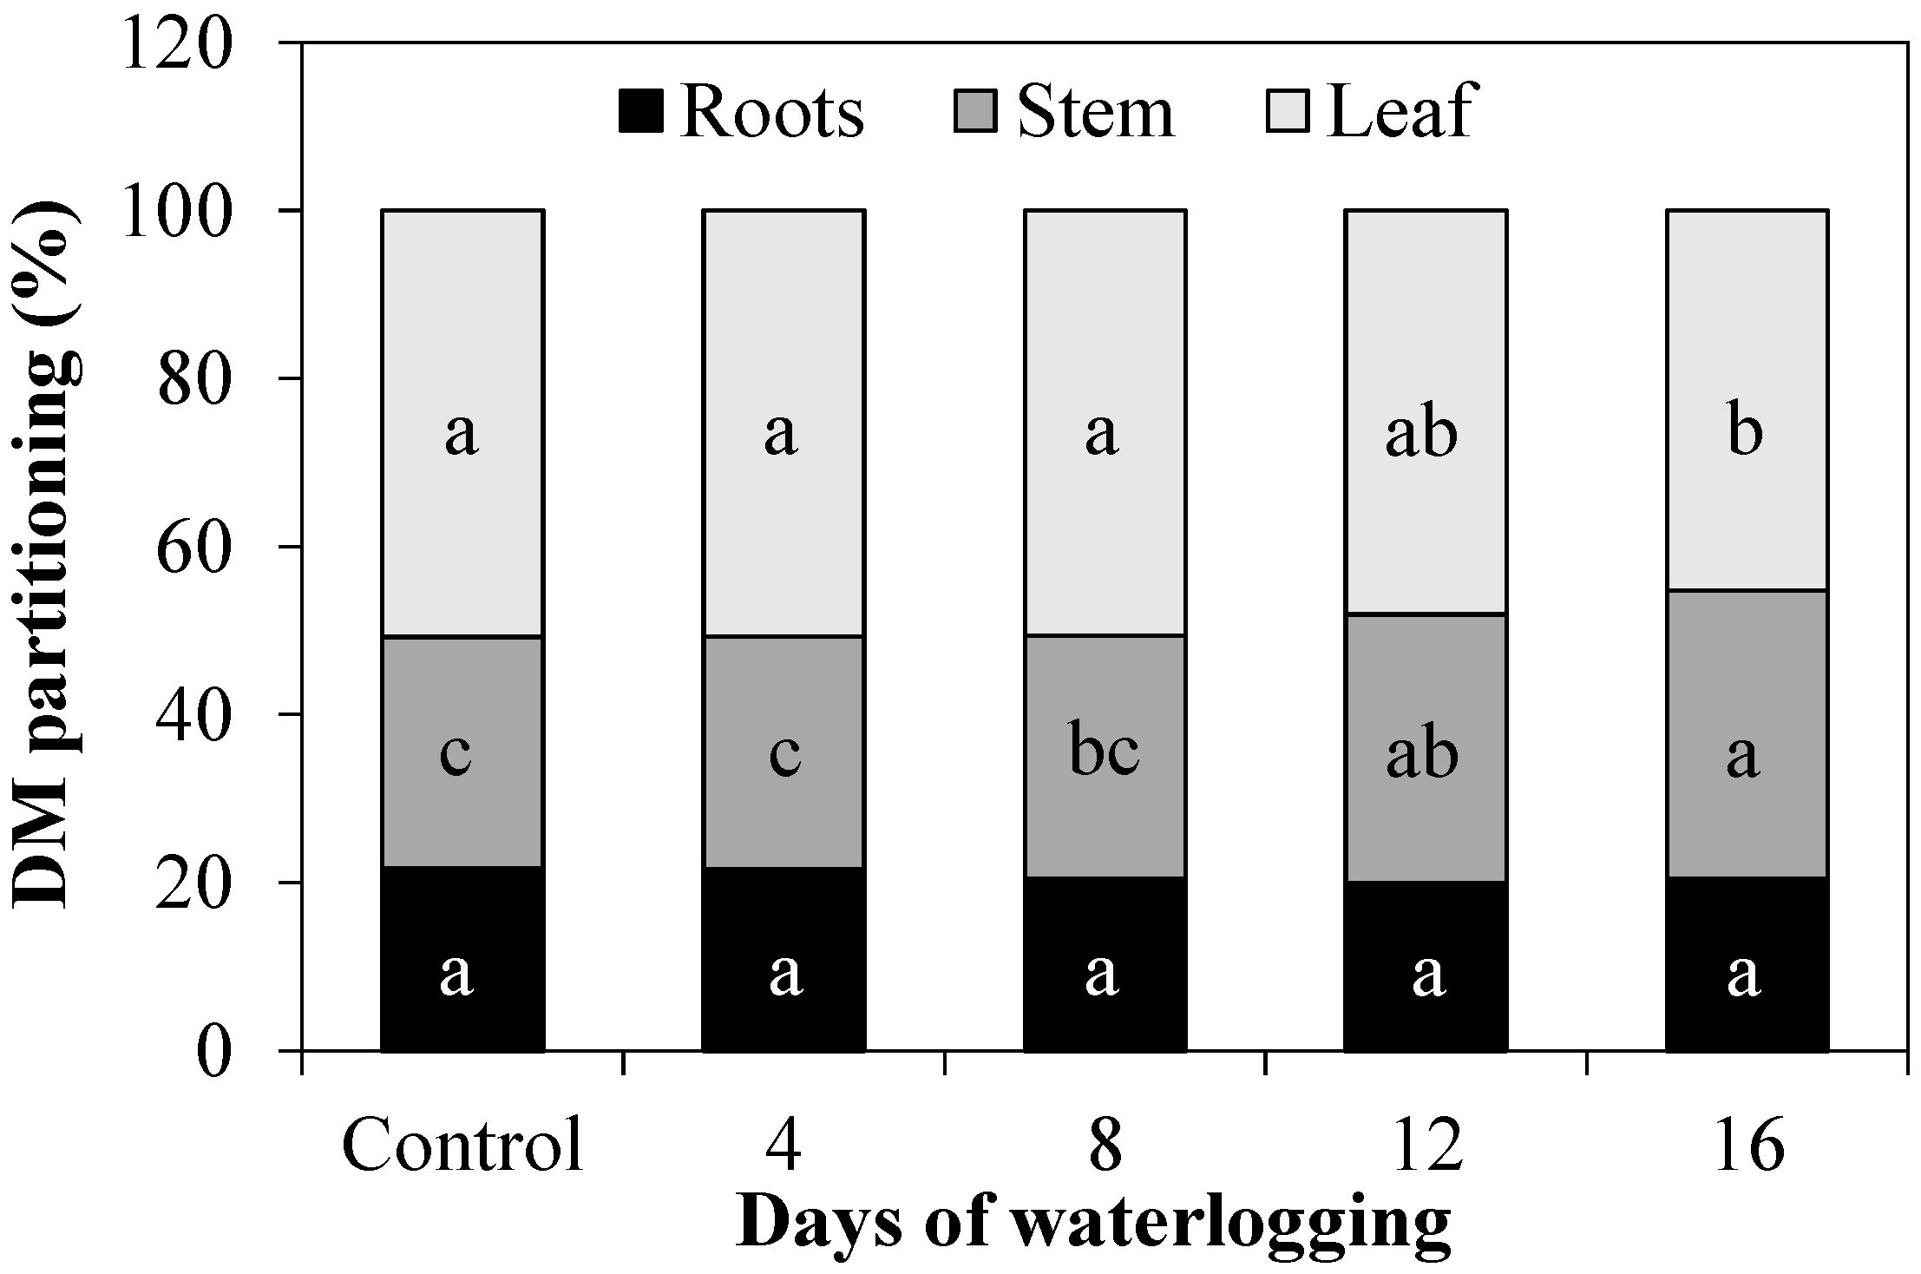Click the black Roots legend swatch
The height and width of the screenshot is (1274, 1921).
pos(641,112)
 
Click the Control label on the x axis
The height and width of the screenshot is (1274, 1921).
pos(462,1146)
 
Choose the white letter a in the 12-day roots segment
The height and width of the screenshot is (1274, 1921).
pos(1428,974)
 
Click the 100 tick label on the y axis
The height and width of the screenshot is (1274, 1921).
pos(178,211)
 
